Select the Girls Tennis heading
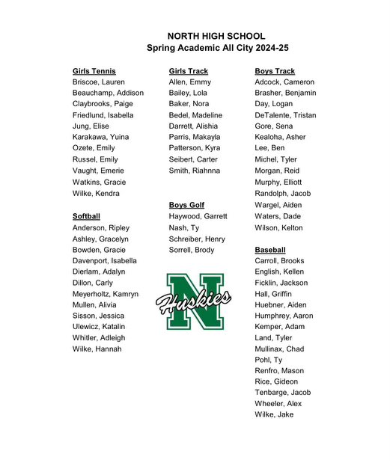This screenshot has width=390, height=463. [94, 71]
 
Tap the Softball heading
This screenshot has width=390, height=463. [86, 216]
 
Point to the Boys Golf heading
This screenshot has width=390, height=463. [186, 205]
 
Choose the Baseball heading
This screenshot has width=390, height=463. [270, 249]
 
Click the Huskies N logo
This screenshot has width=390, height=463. [194, 301]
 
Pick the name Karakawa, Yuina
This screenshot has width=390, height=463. [100, 138]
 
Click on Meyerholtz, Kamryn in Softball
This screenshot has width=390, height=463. [106, 294]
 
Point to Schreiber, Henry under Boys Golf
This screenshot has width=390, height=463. [197, 239]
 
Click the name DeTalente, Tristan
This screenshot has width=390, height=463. [285, 115]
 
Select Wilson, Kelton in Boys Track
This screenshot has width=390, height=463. [278, 227]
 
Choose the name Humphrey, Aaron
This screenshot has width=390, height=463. [284, 316]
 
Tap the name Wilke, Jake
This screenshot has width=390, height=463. [274, 414]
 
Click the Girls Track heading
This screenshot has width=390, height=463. [189, 71]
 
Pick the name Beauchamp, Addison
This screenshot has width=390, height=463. [108, 93]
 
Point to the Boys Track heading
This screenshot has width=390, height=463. [275, 71]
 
